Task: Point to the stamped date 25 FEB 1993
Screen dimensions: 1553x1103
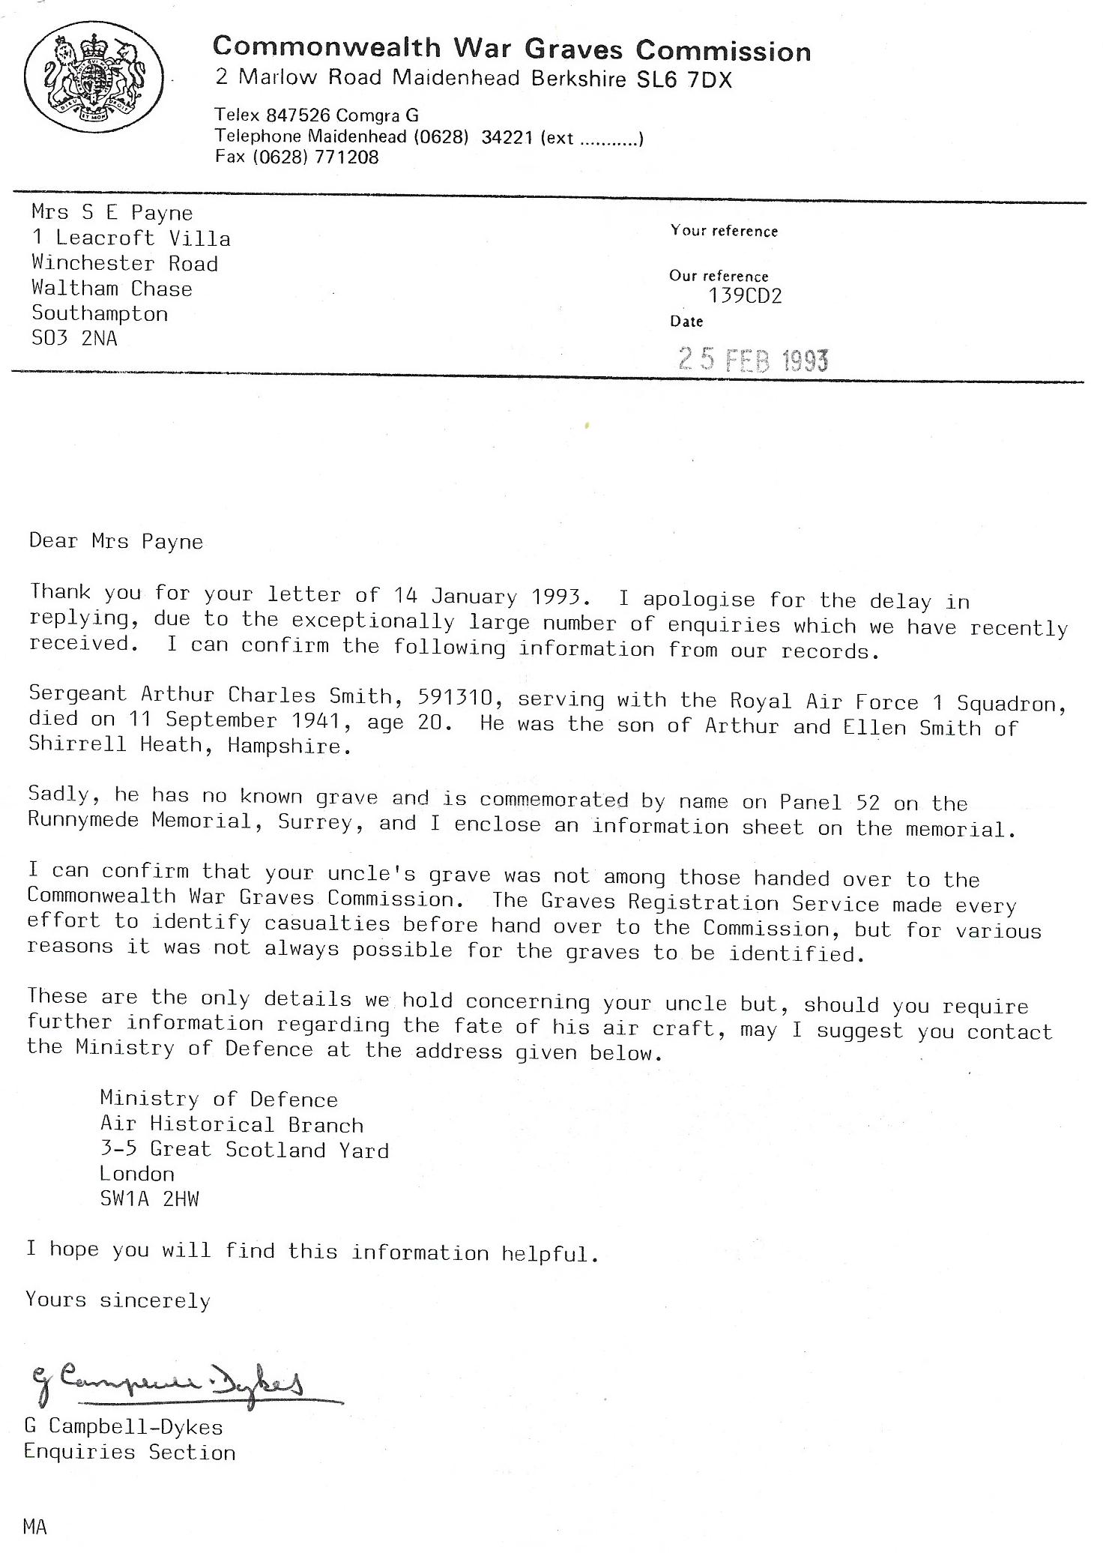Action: [753, 361]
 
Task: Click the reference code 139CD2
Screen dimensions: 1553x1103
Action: [745, 296]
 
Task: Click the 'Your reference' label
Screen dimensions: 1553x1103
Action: [724, 231]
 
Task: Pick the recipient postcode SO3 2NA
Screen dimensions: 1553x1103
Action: [74, 339]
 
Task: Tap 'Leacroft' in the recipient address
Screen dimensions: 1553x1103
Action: [106, 238]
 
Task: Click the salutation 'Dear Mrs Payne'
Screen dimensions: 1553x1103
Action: [116, 541]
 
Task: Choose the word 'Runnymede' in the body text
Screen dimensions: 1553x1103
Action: [83, 819]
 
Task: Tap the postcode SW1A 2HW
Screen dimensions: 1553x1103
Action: [150, 1199]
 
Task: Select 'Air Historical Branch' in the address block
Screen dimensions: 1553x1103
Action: [232, 1125]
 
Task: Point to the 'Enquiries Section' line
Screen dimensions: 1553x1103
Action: [130, 1453]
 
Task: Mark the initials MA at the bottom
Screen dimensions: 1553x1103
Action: [35, 1526]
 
